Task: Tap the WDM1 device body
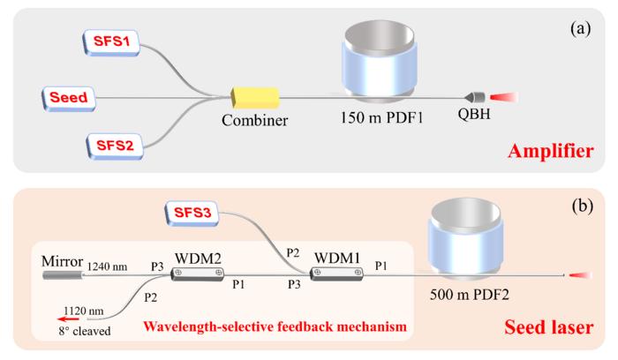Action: point(336,274)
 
